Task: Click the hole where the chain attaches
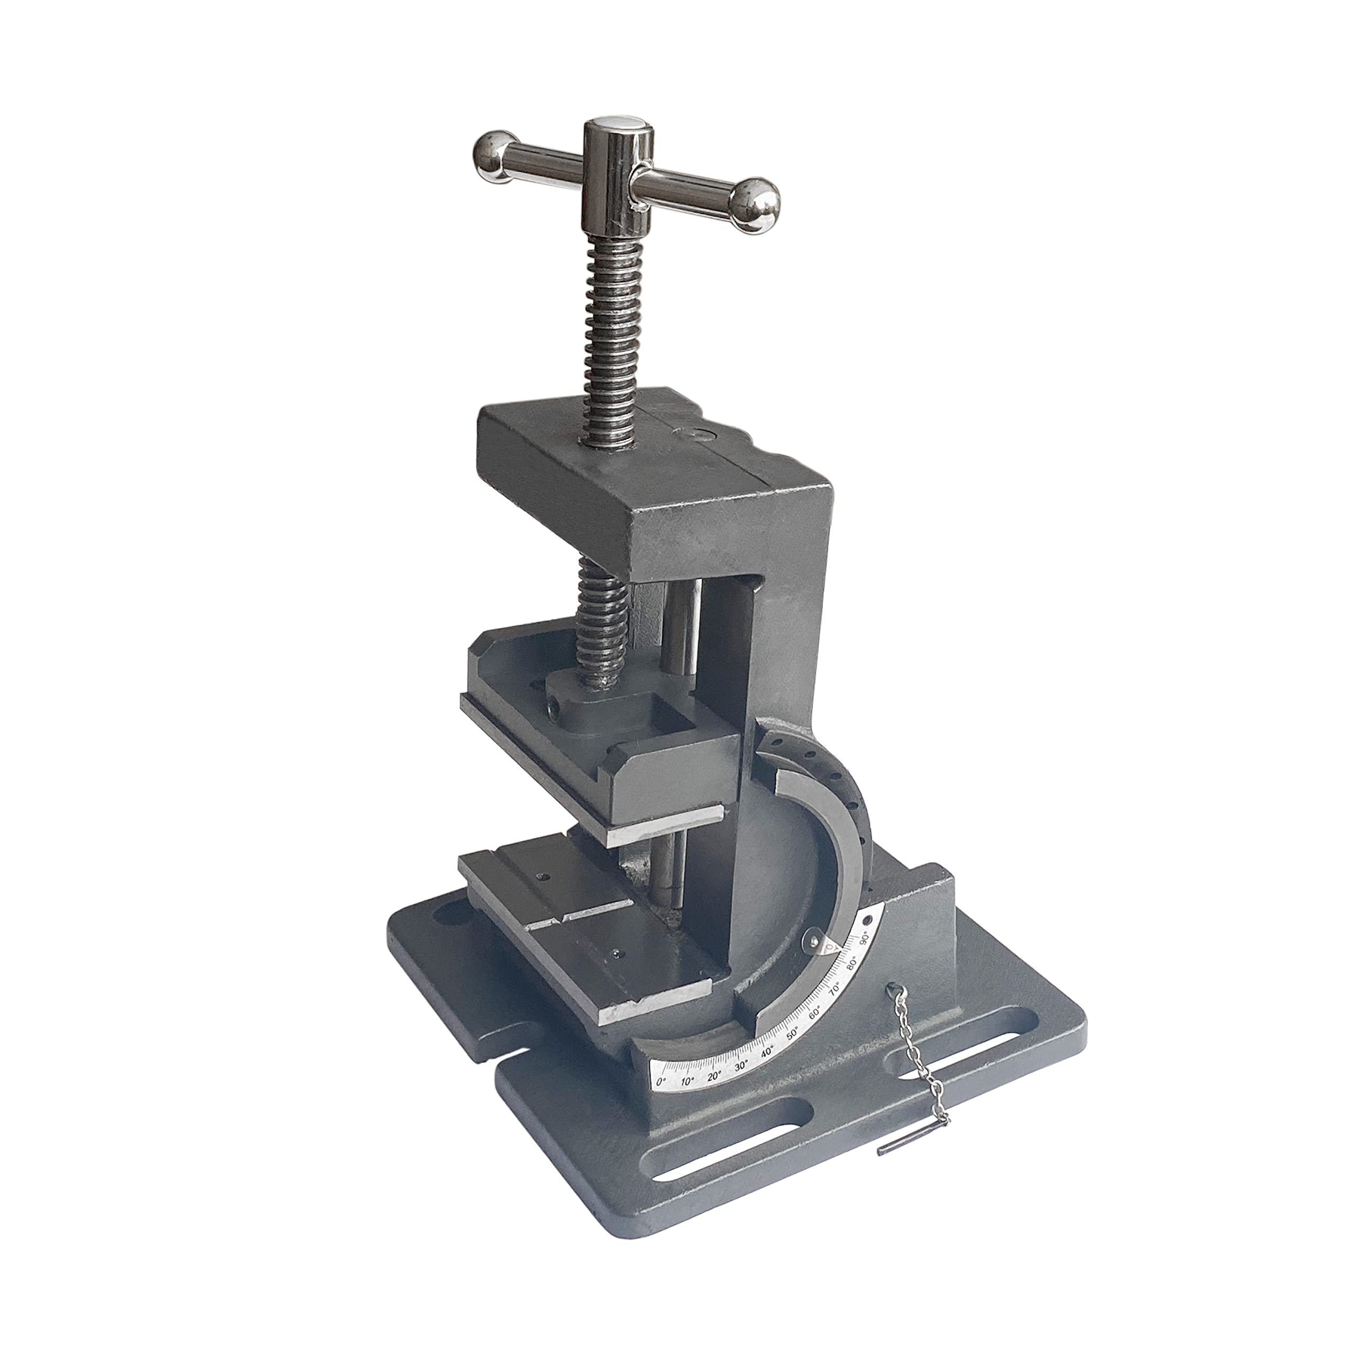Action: tap(891, 988)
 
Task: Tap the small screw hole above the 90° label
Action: tap(868, 920)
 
